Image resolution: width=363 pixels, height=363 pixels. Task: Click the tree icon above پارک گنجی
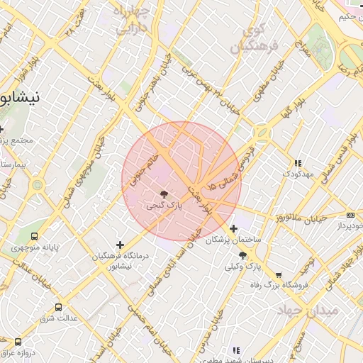point(164,194)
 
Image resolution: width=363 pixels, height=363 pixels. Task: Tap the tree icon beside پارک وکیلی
point(243,255)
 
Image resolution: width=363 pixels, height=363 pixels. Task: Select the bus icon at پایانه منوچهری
point(35,237)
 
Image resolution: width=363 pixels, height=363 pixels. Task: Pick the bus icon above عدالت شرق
point(58,308)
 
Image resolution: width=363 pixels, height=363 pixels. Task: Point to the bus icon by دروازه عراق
point(18,342)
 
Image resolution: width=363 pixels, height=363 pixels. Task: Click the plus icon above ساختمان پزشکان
point(233,228)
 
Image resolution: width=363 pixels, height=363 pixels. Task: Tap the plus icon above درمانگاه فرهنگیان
point(119,245)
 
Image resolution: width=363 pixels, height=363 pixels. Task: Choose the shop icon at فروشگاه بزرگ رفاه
point(278,274)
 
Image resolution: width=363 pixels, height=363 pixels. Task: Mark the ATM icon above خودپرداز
point(350,215)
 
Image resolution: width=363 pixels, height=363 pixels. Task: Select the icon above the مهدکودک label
point(298,163)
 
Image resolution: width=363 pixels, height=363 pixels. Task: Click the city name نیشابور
point(21,96)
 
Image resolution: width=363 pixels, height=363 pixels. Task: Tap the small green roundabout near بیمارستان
point(37,186)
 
